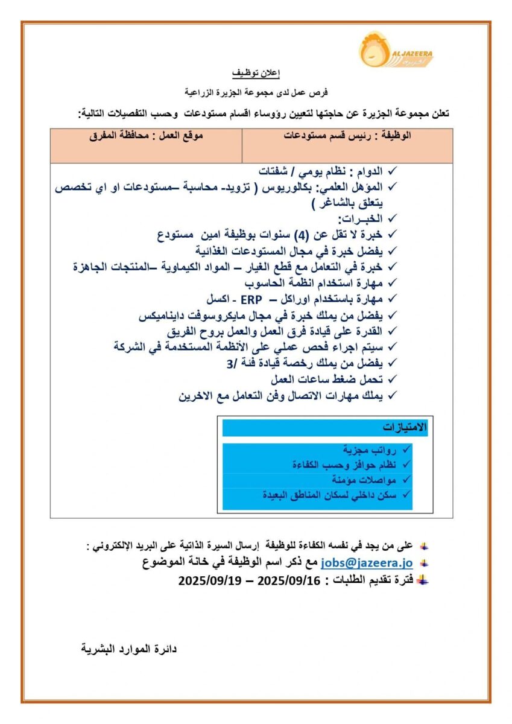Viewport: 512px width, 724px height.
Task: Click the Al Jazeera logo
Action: (x=396, y=50)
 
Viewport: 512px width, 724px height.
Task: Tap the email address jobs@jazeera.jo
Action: (x=367, y=562)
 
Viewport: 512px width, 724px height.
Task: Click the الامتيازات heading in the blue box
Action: (x=405, y=427)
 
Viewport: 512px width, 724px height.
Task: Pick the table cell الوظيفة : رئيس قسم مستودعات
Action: (x=347, y=136)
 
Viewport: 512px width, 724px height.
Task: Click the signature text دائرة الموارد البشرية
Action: (x=128, y=650)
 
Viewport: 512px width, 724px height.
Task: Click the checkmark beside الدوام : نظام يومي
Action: (x=393, y=171)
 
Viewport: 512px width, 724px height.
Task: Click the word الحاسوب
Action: (x=266, y=282)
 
